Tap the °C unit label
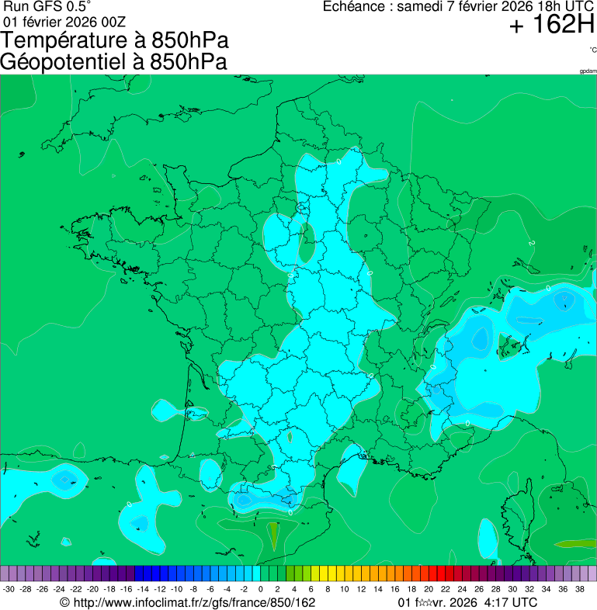click(x=592, y=50)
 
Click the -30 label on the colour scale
click(x=9, y=589)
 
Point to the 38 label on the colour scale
click(x=580, y=589)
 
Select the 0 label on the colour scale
click(x=260, y=589)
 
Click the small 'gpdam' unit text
click(x=588, y=71)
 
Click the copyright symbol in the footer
click(x=65, y=602)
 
